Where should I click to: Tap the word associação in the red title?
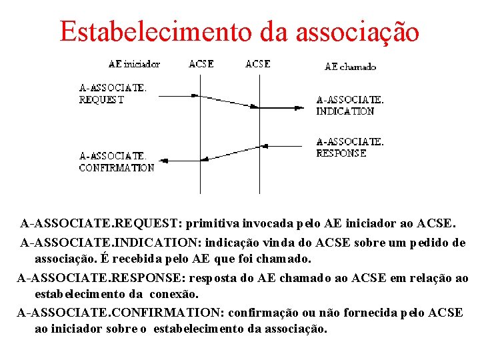(357, 31)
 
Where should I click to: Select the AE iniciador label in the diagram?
(134, 64)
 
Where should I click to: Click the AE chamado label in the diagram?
(350, 67)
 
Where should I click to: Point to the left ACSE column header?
(201, 64)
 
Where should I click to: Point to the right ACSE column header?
(258, 64)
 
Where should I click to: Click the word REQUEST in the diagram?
(101, 100)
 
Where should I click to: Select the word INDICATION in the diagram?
(345, 111)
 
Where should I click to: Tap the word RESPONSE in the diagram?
(341, 153)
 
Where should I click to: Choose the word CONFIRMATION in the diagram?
(116, 168)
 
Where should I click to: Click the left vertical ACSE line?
(201, 133)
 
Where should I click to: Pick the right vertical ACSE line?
(259, 133)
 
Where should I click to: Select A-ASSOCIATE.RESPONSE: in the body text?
(99, 278)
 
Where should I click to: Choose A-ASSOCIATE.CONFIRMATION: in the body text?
(121, 313)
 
